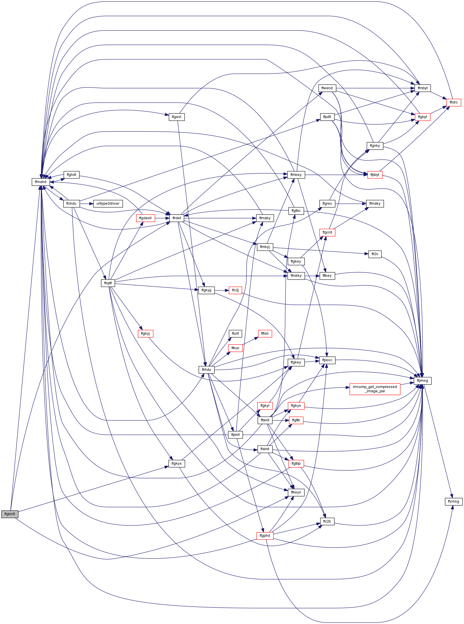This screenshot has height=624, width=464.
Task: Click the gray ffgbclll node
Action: click(x=10, y=514)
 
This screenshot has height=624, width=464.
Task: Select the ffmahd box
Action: click(x=40, y=182)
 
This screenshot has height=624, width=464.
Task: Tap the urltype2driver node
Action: click(x=108, y=204)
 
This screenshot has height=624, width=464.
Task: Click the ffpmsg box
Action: click(x=422, y=381)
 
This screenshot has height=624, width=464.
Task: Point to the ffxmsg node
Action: click(x=453, y=501)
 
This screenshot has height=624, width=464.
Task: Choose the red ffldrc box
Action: click(x=454, y=102)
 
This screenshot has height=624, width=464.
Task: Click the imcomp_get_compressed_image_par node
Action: click(x=375, y=389)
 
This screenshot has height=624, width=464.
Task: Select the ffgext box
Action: click(x=177, y=117)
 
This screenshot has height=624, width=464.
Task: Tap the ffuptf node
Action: click(x=108, y=283)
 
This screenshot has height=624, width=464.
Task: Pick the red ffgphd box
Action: click(x=265, y=536)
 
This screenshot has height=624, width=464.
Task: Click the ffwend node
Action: click(x=327, y=88)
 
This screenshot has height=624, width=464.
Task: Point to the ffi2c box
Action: click(x=375, y=254)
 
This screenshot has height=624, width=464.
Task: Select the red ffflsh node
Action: click(x=265, y=334)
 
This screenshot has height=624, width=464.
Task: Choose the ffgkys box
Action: click(x=177, y=464)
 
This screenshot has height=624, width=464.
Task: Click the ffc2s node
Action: click(x=327, y=521)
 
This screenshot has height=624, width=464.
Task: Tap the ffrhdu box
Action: click(x=207, y=370)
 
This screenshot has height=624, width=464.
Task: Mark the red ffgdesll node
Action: click(x=146, y=218)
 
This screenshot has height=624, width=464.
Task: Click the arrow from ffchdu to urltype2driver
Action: click(x=87, y=204)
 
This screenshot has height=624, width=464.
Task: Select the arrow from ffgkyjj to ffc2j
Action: click(x=222, y=290)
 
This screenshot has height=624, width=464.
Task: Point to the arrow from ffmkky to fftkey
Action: click(x=312, y=276)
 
